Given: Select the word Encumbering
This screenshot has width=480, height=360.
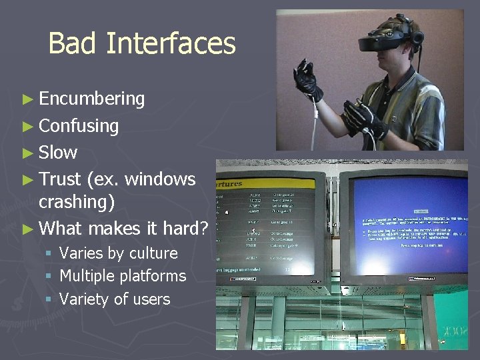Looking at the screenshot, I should [91, 99].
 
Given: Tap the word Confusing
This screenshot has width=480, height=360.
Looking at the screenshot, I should [79, 126].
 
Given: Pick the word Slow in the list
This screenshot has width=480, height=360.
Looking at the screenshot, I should [58, 153].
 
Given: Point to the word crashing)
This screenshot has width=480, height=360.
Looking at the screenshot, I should [77, 201].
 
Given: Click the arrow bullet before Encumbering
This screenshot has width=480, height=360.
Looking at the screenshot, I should [27, 99].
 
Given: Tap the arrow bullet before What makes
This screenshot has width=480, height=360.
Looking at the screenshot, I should [27, 229].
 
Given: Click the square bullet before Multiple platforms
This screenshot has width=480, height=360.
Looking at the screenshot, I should [49, 276].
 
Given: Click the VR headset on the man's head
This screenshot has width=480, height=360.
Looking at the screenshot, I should [389, 39].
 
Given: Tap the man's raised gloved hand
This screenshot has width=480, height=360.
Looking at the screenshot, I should [308, 79].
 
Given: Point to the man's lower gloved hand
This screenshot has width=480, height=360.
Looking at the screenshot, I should [363, 117].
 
